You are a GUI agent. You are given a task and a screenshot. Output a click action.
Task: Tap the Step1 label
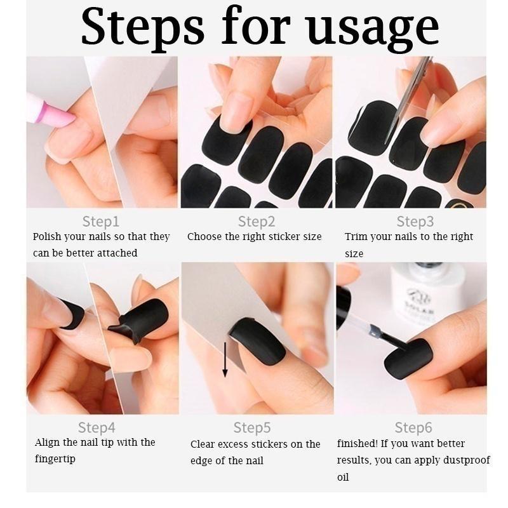click(x=101, y=222)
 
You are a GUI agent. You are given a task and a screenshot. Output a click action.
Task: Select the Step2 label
click(x=257, y=222)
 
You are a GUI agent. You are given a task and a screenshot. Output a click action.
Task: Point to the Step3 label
click(x=415, y=222)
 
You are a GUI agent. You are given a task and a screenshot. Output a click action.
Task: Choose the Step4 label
click(x=97, y=427)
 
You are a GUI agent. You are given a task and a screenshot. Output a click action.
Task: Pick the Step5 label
click(x=253, y=427)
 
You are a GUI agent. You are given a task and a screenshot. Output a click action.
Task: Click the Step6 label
click(x=414, y=427)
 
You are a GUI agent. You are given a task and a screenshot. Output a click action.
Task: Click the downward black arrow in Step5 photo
click(x=225, y=359)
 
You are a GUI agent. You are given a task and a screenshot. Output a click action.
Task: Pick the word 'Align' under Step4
click(x=48, y=443)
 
